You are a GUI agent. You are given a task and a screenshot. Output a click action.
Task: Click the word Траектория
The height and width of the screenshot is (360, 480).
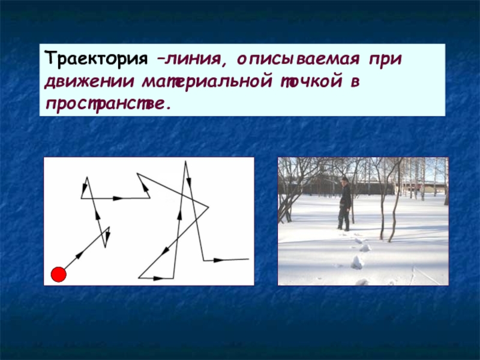tap(95, 60)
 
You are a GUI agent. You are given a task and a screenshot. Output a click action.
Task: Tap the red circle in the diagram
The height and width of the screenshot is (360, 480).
tap(58, 275)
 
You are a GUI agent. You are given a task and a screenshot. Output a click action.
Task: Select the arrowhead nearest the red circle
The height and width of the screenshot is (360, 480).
tap(79, 255)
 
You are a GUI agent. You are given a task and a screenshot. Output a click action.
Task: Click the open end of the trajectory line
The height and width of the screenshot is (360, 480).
tap(248, 259)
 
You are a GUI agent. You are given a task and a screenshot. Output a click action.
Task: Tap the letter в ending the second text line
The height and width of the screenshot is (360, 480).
tap(355, 81)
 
